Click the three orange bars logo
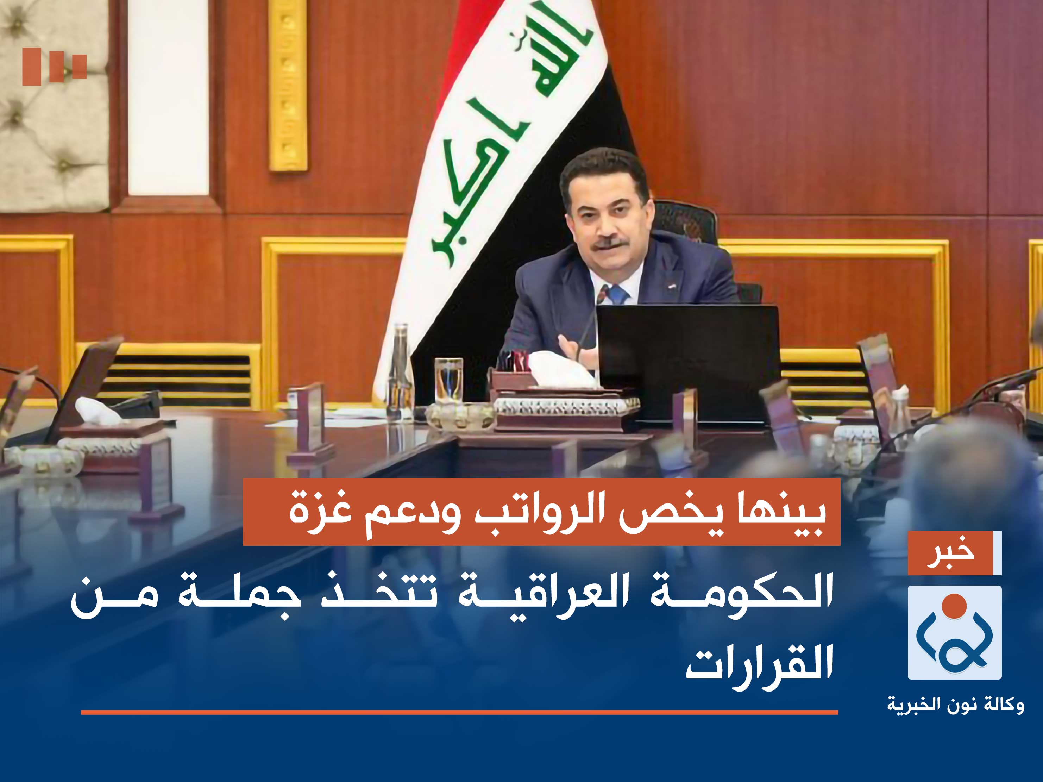(x=54, y=66)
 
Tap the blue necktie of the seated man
(x=618, y=294)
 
